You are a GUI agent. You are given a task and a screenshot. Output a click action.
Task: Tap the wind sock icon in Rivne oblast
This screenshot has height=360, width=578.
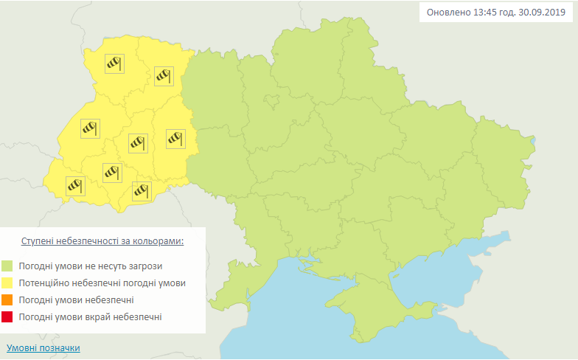click(163, 75)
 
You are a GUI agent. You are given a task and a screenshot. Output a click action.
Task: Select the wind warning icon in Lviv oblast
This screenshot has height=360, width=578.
click(89, 128)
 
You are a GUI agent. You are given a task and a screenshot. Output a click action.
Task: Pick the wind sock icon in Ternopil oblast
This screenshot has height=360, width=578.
click(138, 142)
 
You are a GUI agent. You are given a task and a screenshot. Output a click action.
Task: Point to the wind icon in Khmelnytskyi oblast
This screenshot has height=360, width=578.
click(175, 138)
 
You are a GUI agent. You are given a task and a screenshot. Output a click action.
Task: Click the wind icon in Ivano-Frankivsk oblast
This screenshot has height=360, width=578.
click(112, 173)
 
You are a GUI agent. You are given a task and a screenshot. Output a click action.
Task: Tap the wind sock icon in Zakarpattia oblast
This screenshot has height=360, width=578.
click(75, 185)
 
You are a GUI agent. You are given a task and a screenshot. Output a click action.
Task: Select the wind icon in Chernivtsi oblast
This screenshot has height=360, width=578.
click(142, 191)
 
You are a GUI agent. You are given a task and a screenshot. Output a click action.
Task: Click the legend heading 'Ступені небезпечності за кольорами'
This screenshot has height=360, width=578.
click(102, 241)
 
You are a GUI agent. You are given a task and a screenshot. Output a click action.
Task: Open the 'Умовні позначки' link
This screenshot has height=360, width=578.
click(43, 347)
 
